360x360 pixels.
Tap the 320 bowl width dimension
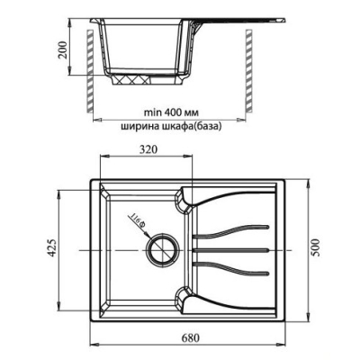point(148,149)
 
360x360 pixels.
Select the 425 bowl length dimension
point(52,247)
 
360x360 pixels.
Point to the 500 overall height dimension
point(316,247)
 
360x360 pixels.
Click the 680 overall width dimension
point(189,338)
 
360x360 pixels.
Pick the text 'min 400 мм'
point(171,112)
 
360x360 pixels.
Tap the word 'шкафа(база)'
point(192,127)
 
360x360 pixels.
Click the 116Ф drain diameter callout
point(138,221)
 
